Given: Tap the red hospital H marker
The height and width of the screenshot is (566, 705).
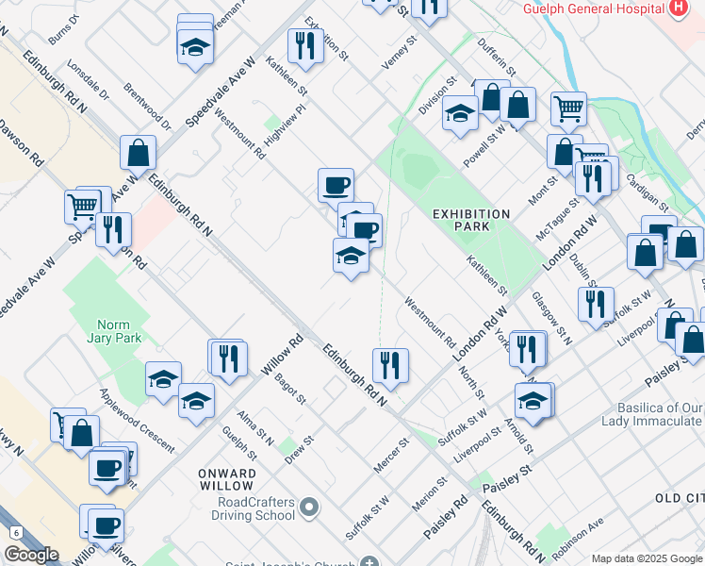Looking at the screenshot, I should tap(677, 8).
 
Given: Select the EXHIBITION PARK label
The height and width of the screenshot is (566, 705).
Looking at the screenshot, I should tap(471, 220).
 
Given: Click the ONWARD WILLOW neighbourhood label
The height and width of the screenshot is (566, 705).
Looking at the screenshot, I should tap(227, 479).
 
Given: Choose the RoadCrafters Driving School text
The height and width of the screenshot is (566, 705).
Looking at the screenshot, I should tap(254, 509).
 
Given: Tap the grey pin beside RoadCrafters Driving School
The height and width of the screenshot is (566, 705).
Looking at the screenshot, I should tap(309, 510).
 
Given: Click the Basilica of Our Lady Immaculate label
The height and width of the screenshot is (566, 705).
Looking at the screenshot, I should tap(653, 415).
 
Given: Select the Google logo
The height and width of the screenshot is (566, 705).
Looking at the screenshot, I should tap(30, 555).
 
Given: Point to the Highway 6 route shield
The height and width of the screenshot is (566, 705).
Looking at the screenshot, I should tap(16, 533).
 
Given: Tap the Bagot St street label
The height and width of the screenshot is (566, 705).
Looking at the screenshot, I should tap(290, 389).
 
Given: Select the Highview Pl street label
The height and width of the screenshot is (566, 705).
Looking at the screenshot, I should tap(287, 125).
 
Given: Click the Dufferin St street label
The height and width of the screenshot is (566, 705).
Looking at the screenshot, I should tap(498, 58).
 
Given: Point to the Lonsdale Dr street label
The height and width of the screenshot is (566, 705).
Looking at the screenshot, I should tap(90, 85).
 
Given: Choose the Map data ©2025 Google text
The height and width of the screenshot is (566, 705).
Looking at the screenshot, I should tap(647, 558).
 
